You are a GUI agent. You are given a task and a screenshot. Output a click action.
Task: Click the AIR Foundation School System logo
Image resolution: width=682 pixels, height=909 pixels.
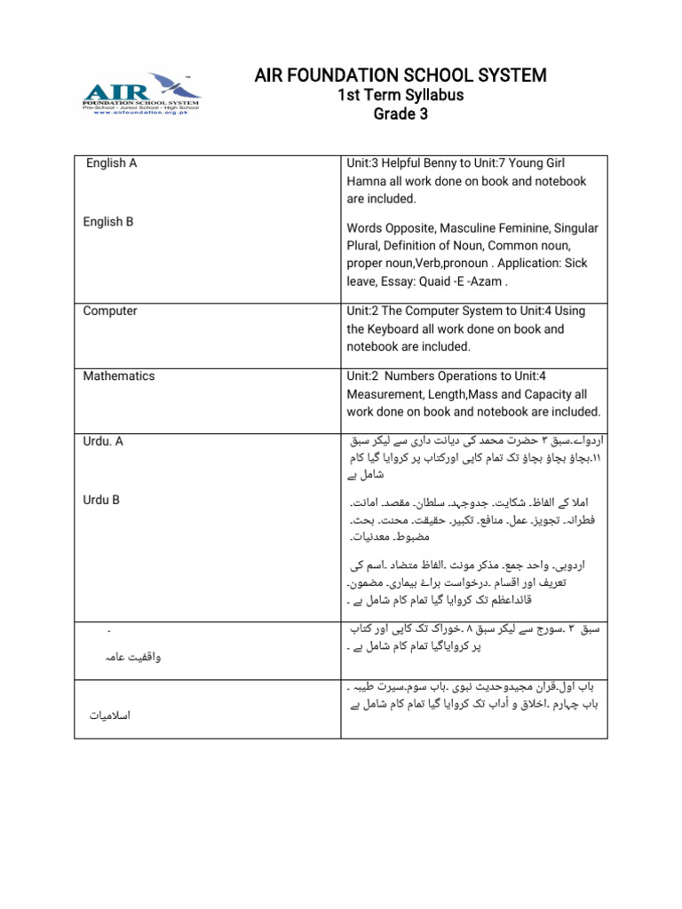pos(142,92)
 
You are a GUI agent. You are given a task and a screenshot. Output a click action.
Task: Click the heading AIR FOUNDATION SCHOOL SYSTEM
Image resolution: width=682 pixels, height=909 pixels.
pos(400,75)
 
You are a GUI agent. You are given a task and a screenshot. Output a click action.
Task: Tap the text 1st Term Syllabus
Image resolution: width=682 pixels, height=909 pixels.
pos(401,96)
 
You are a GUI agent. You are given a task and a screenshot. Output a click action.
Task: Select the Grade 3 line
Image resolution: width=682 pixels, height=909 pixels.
pos(401,115)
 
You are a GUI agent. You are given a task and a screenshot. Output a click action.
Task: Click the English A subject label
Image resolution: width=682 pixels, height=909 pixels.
pos(112,163)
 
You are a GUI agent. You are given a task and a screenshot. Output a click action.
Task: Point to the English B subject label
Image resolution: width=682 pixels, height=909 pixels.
pos(108,222)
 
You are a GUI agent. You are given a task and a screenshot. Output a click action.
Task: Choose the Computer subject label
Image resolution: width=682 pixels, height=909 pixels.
pos(110,312)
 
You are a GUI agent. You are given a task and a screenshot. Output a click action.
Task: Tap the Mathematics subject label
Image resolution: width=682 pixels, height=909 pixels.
pos(119,376)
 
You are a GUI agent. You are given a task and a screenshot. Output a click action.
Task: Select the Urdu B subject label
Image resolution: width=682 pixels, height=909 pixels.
pos(101,501)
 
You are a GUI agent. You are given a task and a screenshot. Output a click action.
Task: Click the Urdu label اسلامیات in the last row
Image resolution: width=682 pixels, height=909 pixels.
pos(111,715)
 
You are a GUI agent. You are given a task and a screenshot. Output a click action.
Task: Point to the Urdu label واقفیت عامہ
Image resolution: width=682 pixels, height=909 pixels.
pos(133,658)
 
